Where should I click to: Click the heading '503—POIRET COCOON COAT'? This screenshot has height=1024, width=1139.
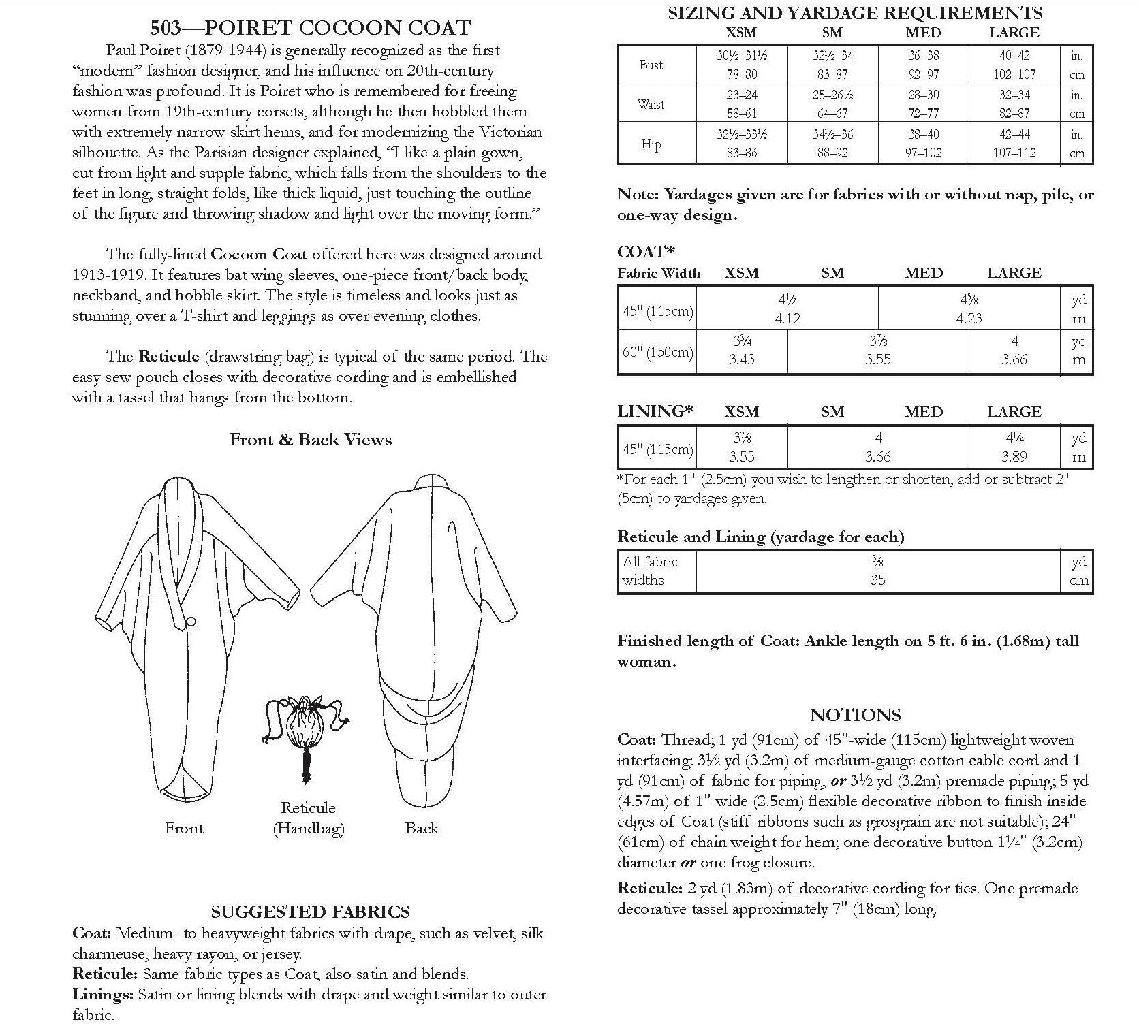pyautogui.click(x=310, y=28)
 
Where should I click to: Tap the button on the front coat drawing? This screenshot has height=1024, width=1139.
pyautogui.click(x=191, y=621)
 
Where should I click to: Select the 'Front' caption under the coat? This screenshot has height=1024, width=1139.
pyautogui.click(x=184, y=828)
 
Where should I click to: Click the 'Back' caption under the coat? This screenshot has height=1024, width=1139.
pyautogui.click(x=421, y=828)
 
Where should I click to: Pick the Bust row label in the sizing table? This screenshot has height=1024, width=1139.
pyautogui.click(x=651, y=65)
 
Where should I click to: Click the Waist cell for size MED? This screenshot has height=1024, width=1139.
pyautogui.click(x=923, y=104)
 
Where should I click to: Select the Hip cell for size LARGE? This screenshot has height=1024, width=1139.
pyautogui.click(x=1014, y=144)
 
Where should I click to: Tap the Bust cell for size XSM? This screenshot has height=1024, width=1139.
pyautogui.click(x=741, y=65)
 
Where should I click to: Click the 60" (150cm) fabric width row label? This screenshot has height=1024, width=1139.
pyautogui.click(x=657, y=352)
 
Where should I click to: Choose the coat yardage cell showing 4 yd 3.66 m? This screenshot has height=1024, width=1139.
pyautogui.click(x=1014, y=351)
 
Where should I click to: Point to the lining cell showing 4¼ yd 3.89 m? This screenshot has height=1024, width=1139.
pyautogui.click(x=1014, y=447)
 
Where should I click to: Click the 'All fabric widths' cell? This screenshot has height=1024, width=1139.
pyautogui.click(x=651, y=571)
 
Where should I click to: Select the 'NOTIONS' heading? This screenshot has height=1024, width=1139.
pyautogui.click(x=855, y=715)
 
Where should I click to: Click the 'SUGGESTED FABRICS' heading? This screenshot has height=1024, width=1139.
pyautogui.click(x=310, y=912)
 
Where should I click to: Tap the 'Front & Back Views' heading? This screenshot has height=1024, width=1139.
pyautogui.click(x=311, y=440)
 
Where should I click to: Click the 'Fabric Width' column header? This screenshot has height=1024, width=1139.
pyautogui.click(x=659, y=274)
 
